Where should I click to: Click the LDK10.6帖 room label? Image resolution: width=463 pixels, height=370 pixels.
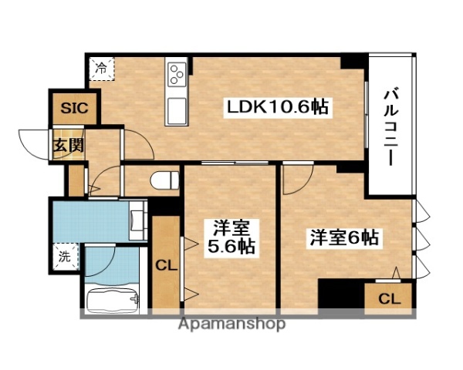pos(277,108)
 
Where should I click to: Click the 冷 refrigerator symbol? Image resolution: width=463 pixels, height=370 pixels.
pos(102,69)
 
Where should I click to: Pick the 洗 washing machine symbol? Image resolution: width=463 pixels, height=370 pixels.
pos(65,256)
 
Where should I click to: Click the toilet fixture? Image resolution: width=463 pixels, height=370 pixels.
pos(164,180)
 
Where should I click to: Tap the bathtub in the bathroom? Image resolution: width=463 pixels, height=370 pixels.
pos(113,299)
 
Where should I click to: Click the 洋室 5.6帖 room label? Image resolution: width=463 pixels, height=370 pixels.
pos(231,237)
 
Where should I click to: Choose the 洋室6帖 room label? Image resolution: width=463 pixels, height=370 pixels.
pos(344,238)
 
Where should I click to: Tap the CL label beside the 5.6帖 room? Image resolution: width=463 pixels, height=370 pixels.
pos(165,266)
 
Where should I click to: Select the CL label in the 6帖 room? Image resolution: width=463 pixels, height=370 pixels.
pos(389,298)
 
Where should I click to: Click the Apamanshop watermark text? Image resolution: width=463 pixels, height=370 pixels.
pos(232,325)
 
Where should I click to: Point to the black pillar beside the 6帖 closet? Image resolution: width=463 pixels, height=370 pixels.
pos(340,296)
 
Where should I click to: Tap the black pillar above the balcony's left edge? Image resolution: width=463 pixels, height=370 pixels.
pos(354,60)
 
